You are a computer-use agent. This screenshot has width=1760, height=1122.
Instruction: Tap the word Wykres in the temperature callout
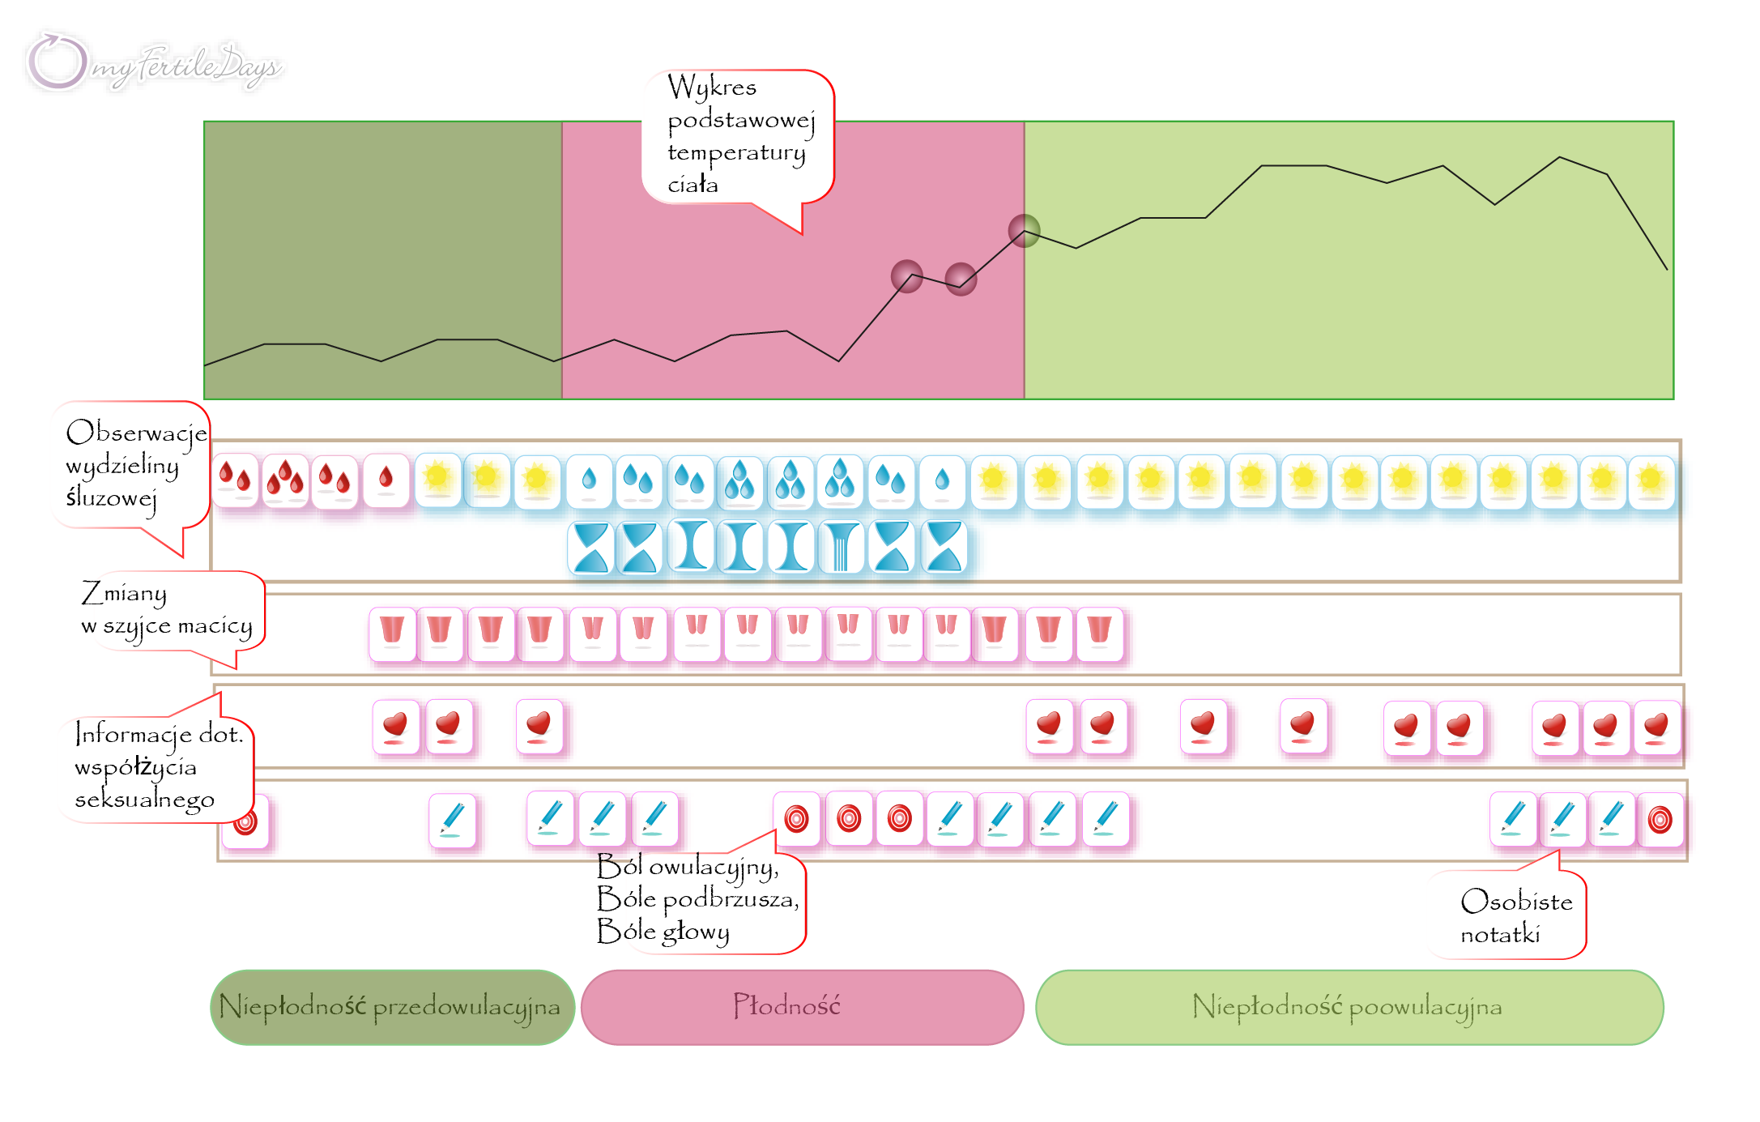click(712, 87)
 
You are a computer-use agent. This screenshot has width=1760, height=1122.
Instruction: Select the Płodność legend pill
click(803, 1007)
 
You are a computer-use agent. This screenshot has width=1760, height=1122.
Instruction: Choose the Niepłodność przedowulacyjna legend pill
click(393, 1007)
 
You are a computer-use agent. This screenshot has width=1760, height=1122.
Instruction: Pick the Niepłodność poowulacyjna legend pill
click(1349, 1007)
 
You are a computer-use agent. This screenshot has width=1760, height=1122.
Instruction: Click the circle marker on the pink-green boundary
click(1025, 231)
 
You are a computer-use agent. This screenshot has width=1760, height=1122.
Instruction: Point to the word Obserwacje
click(136, 433)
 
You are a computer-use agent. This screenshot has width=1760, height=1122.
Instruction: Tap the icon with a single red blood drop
click(386, 480)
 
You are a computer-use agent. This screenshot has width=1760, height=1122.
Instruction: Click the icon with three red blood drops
click(285, 480)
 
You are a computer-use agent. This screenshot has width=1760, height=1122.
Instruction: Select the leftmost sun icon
click(438, 480)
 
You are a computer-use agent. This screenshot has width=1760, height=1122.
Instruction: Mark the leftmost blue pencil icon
click(453, 821)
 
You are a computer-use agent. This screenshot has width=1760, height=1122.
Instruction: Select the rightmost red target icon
click(1660, 820)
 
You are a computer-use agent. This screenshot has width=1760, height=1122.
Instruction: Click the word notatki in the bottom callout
click(1500, 935)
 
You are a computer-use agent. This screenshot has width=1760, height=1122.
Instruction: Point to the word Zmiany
click(124, 594)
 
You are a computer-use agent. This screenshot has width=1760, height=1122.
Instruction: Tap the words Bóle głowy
click(663, 932)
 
